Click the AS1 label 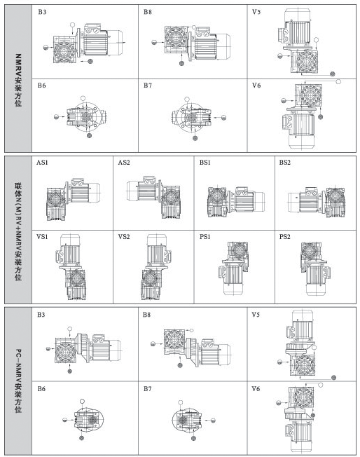[x=42, y=163]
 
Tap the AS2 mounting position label [x=124, y=163]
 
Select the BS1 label [x=205, y=163]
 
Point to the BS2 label [x=285, y=163]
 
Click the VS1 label [x=42, y=237]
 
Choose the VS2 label [x=124, y=237]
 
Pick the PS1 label [x=205, y=237]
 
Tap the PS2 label [x=285, y=237]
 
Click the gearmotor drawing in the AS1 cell [x=73, y=199]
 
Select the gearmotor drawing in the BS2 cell [x=317, y=202]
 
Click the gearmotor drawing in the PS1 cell [x=234, y=268]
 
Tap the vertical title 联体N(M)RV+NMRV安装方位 [x=18, y=232]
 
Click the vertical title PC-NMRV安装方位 [x=18, y=381]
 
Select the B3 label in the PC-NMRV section [x=41, y=315]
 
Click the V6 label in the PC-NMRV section [x=256, y=388]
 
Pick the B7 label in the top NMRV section [x=148, y=86]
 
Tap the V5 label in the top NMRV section [x=256, y=12]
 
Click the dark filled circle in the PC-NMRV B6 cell [x=82, y=438]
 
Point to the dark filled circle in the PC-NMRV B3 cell [x=69, y=371]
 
